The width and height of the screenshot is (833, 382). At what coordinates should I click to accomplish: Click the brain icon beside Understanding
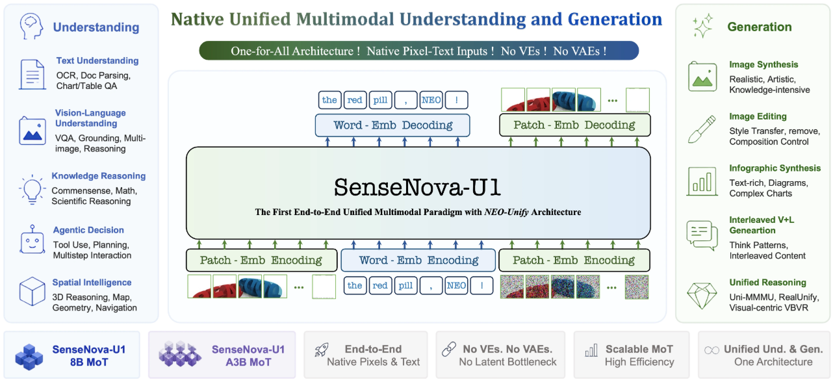point(31,26)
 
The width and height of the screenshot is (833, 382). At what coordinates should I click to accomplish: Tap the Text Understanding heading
point(97,60)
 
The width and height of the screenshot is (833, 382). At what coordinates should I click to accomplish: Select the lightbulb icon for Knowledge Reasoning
point(32,189)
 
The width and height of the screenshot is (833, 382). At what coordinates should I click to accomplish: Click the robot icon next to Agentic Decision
point(32,240)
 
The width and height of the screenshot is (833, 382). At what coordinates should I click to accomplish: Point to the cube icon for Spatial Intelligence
point(32,291)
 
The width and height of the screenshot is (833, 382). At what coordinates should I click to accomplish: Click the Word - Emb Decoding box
point(392,125)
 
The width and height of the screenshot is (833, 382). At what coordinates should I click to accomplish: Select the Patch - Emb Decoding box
point(574,125)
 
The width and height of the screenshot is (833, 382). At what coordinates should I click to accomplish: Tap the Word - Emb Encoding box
point(418,260)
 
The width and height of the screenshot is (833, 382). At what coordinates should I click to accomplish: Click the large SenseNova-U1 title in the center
point(417,187)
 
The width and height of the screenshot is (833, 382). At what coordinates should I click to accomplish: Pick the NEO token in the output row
point(431,100)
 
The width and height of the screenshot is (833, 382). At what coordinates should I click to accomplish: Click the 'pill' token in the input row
point(405,286)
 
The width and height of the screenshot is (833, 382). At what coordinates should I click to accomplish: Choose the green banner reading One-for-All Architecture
point(418,51)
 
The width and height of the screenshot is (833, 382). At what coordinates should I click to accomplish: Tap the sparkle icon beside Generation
point(702,26)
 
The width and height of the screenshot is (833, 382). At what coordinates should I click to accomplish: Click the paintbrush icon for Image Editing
point(702,129)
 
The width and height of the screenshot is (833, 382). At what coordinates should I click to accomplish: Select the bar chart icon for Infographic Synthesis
point(702,181)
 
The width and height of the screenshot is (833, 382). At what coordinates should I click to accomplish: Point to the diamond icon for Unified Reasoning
point(702,296)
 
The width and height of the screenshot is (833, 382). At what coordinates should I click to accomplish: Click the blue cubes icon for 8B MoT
point(29,357)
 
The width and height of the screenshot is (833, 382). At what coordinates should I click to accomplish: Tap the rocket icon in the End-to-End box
point(321,350)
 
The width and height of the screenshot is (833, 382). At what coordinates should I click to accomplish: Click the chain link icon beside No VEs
point(449,349)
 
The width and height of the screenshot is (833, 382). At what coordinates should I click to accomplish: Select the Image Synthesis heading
point(763,64)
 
